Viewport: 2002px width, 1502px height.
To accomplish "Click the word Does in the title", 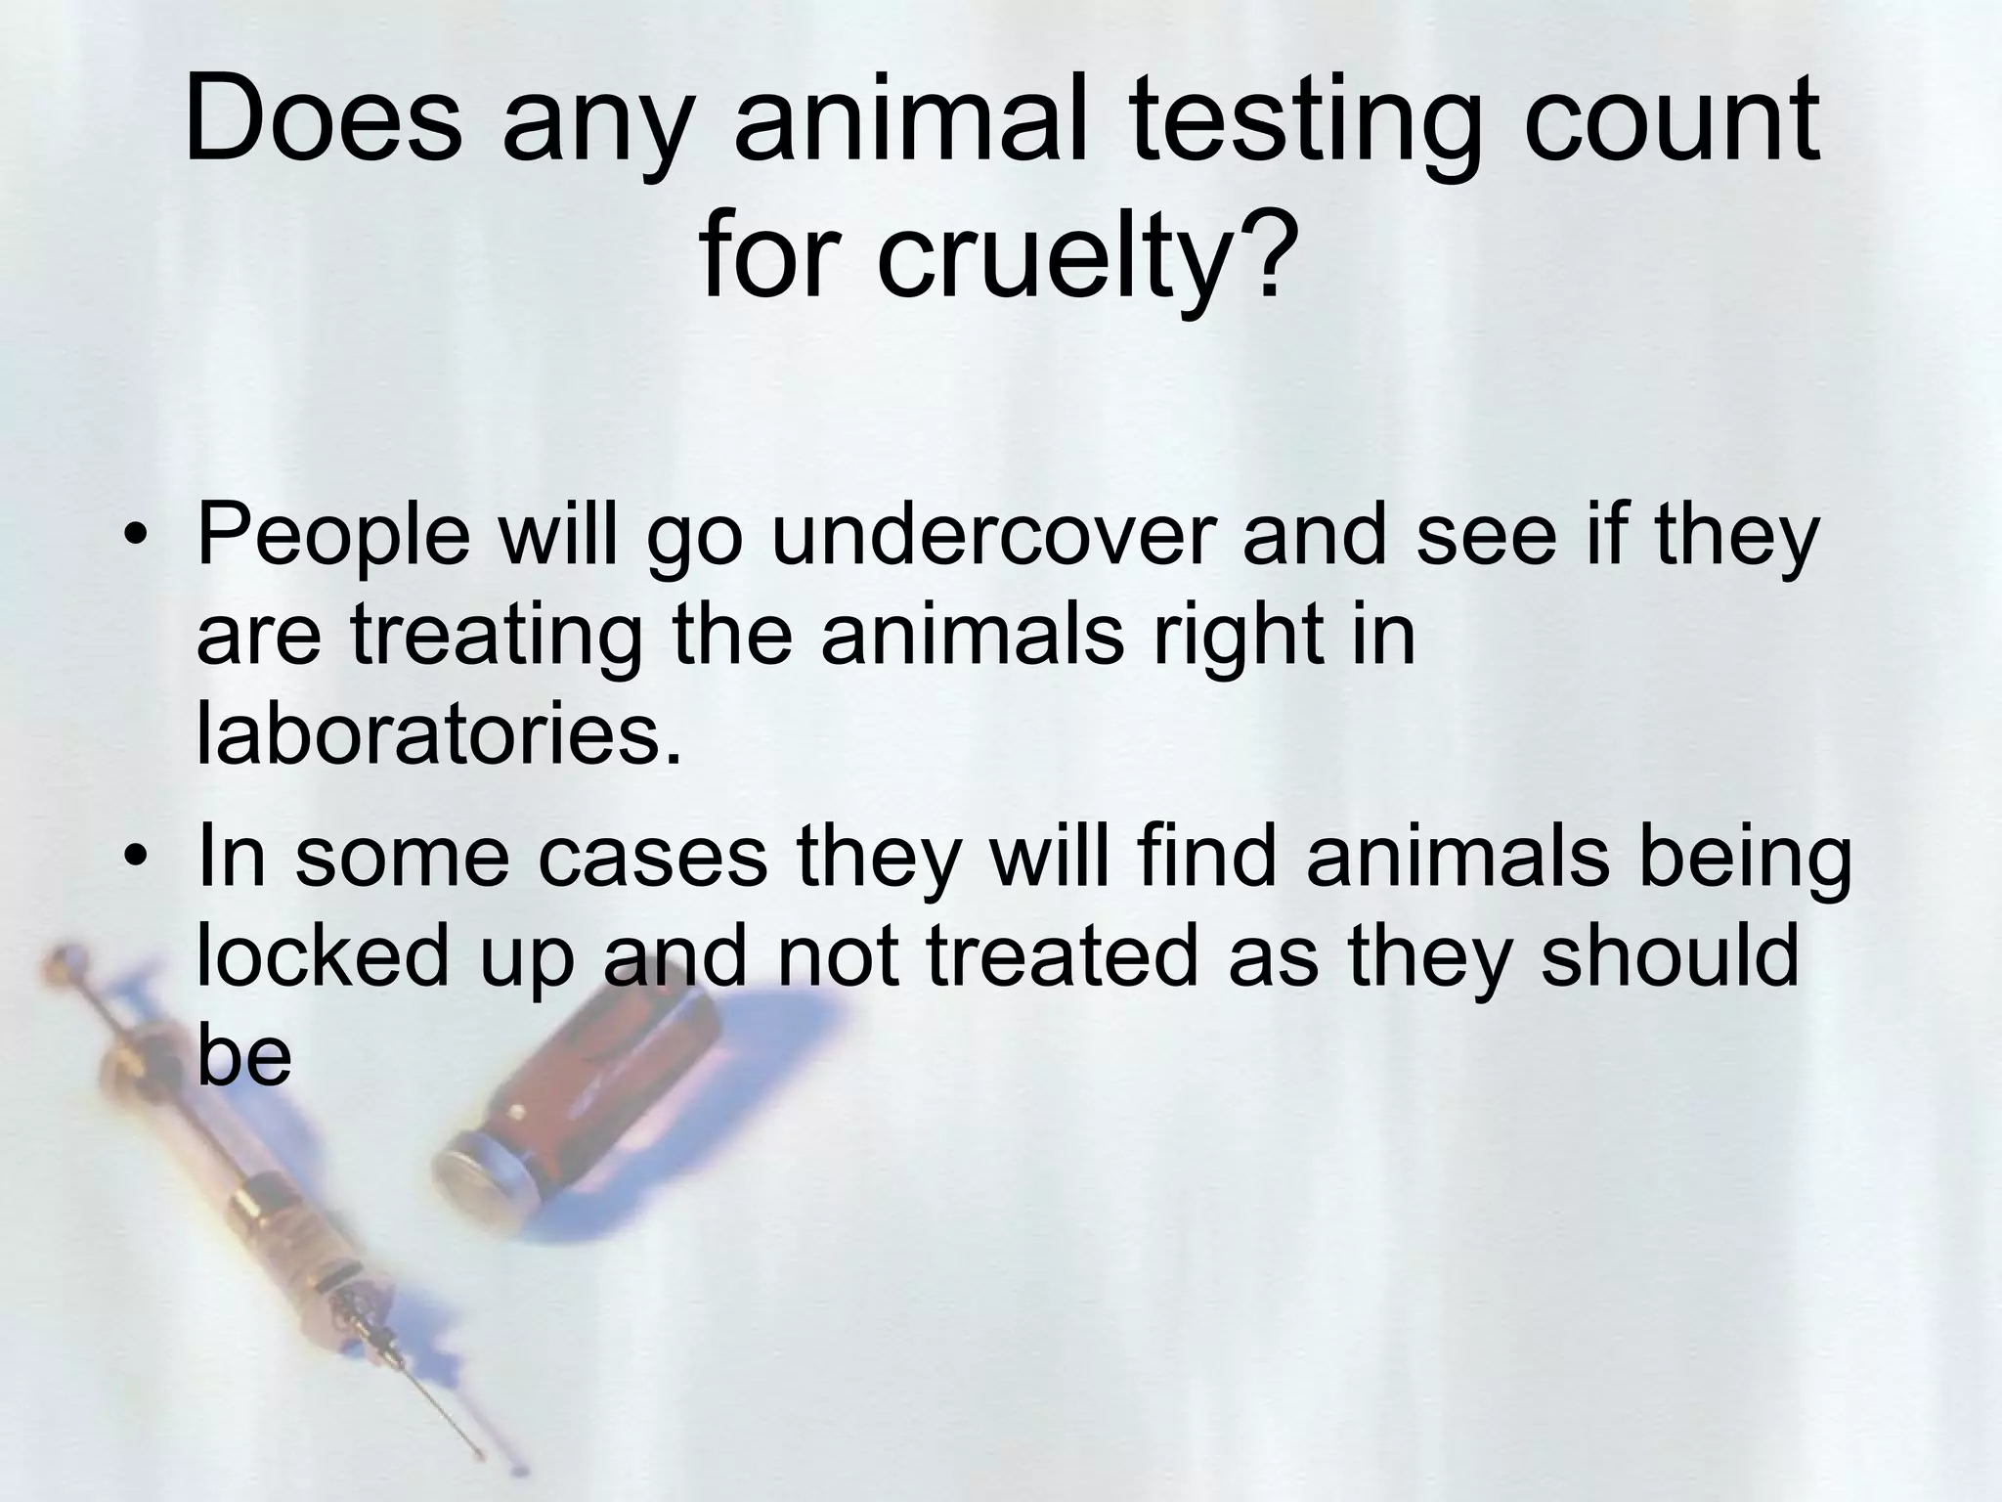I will [x=323, y=122].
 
